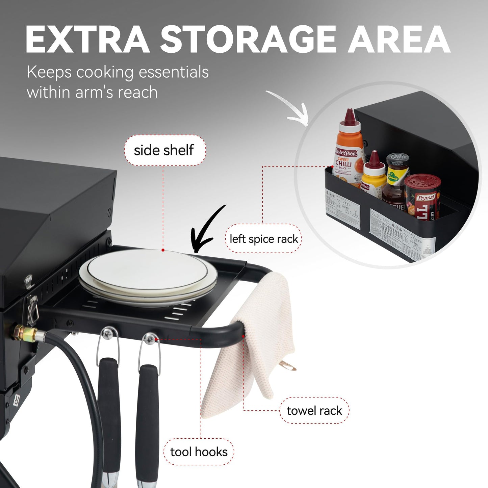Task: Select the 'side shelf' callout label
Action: pos(164,150)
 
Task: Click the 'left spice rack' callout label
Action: pos(263,239)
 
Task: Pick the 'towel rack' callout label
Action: pos(314,411)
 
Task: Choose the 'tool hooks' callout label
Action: pos(199,452)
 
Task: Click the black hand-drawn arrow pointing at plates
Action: pos(206,230)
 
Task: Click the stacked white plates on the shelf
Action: pos(148,277)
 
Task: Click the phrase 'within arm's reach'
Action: pos(92,92)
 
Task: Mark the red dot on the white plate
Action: pos(163,250)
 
